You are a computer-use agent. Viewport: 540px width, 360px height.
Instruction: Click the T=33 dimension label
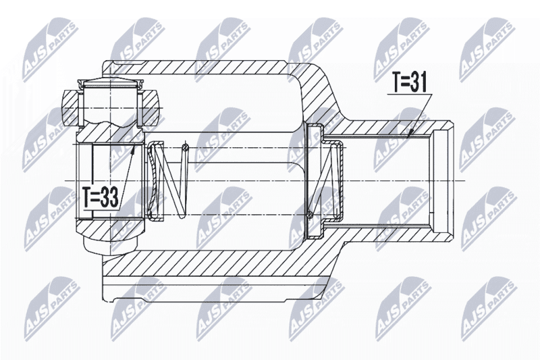101,197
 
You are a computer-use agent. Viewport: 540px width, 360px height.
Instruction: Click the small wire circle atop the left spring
186,148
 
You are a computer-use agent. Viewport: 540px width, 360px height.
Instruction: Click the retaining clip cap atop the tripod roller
110,82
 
